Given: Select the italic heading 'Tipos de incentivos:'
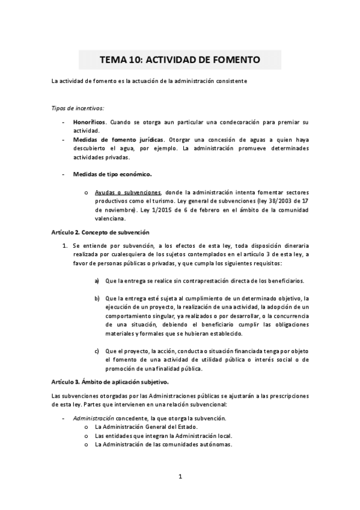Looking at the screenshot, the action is click(x=78, y=108).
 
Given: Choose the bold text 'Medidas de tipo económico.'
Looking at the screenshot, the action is click(x=112, y=174).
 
